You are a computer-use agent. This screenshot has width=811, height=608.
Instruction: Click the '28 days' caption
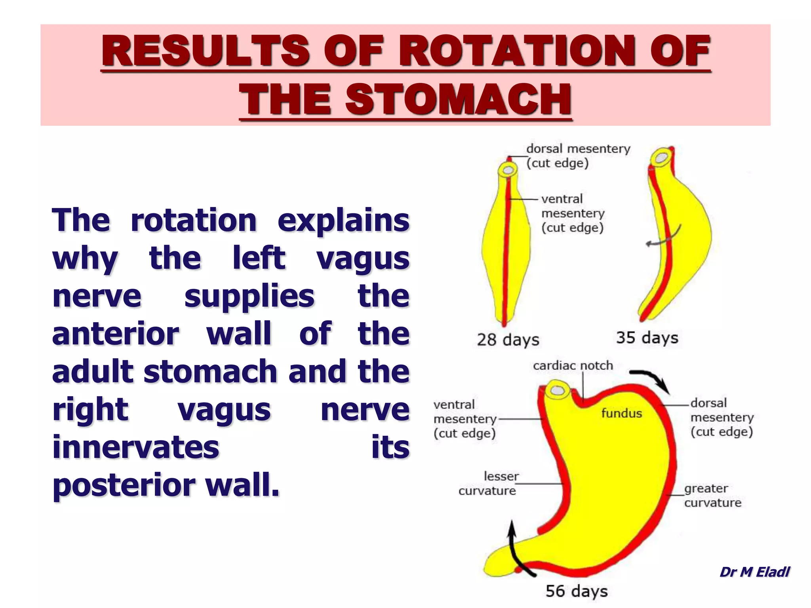point(508,340)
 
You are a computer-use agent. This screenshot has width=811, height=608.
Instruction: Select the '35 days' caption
point(647,338)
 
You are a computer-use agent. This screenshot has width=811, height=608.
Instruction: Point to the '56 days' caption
point(576,591)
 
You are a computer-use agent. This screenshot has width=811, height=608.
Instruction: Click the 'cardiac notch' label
point(573,365)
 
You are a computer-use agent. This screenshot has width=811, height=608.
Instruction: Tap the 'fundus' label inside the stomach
point(621,413)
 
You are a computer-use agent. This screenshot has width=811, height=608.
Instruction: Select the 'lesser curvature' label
point(488,483)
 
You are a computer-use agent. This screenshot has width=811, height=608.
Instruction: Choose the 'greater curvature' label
point(712,496)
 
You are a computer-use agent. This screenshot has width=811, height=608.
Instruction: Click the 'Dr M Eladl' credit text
point(754,572)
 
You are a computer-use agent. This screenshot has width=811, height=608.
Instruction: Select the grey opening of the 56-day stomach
point(558,391)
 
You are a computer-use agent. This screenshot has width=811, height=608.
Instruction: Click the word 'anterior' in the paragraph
point(115,334)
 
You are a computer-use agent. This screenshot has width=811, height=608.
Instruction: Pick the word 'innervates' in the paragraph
point(135,447)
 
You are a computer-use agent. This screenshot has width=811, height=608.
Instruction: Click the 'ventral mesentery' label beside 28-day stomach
point(573,213)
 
